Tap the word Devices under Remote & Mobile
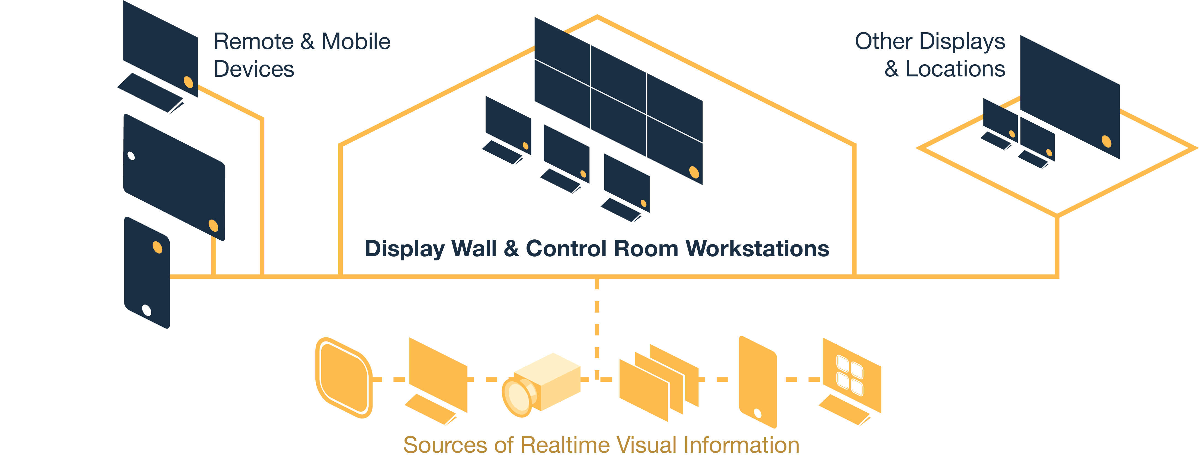pos(254,69)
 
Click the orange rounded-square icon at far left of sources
pos(344,377)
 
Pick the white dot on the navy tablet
pos(131,156)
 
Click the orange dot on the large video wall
pos(694,172)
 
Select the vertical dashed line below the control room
pos(597,326)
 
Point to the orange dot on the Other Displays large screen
pos(1106,141)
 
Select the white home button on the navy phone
pos(147,310)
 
